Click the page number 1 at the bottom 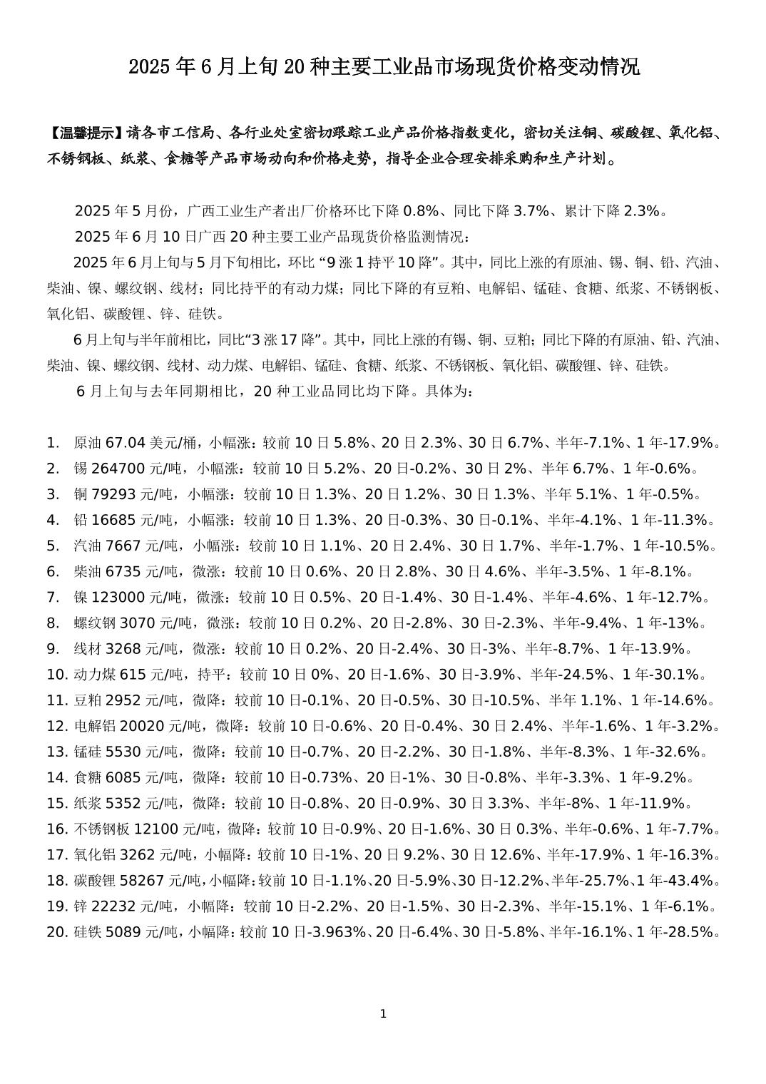coord(383,1013)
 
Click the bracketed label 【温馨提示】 coord(86,133)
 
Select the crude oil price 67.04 coord(126,443)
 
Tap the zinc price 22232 coord(113,906)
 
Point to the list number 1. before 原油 coord(52,443)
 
